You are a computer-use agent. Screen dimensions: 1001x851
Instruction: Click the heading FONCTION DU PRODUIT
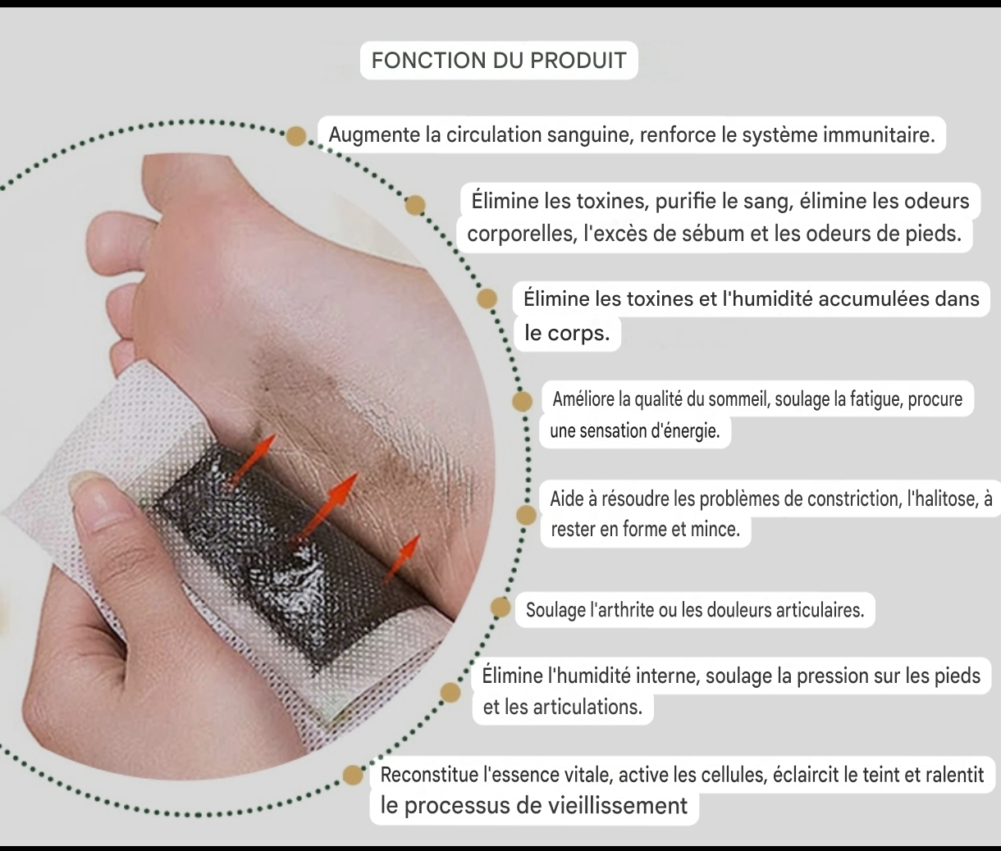tap(499, 61)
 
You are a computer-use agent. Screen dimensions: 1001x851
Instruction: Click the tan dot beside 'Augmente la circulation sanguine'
tap(296, 136)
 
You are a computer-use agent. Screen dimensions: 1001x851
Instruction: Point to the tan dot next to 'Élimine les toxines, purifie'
tap(415, 205)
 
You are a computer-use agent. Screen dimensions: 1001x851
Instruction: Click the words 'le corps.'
tap(567, 334)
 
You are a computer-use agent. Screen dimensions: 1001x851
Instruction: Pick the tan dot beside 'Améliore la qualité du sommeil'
tap(522, 402)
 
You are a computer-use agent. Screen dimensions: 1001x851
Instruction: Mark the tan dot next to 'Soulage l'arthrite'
tap(500, 608)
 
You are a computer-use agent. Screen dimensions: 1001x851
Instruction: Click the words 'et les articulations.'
tap(563, 708)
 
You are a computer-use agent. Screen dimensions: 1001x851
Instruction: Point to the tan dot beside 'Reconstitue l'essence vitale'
tap(353, 776)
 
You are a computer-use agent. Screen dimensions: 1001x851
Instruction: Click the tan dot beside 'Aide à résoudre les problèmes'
tap(527, 515)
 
